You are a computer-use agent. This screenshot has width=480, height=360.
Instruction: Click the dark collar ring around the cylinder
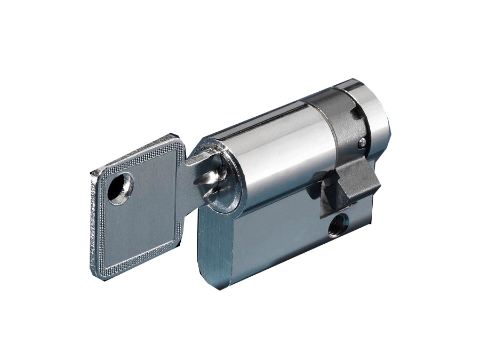tap(333, 128)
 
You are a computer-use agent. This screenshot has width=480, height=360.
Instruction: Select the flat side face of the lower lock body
tap(277, 240)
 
